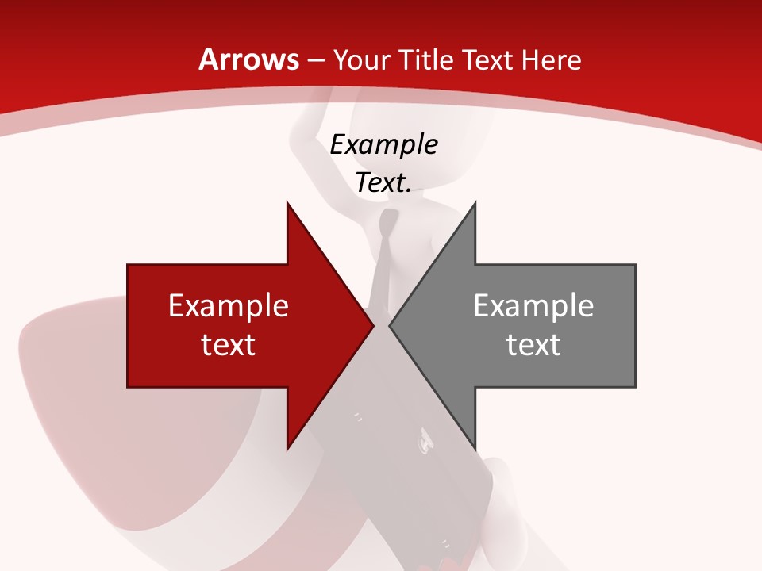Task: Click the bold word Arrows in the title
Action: pyautogui.click(x=249, y=60)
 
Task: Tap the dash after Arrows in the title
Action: pyautogui.click(x=316, y=61)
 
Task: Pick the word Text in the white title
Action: pyautogui.click(x=487, y=60)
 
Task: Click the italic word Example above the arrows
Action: pyautogui.click(x=384, y=144)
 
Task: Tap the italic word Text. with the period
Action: pyautogui.click(x=384, y=183)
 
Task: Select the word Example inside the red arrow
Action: pyautogui.click(x=229, y=305)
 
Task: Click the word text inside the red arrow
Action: pyautogui.click(x=229, y=344)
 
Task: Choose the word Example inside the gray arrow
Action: pyautogui.click(x=533, y=305)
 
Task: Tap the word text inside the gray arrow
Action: pyautogui.click(x=533, y=344)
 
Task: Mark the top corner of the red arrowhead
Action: pyautogui.click(x=287, y=204)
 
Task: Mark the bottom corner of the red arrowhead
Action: pyautogui.click(x=287, y=448)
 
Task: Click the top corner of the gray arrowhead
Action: pyautogui.click(x=475, y=204)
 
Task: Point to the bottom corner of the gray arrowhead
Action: pyautogui.click(x=475, y=448)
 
